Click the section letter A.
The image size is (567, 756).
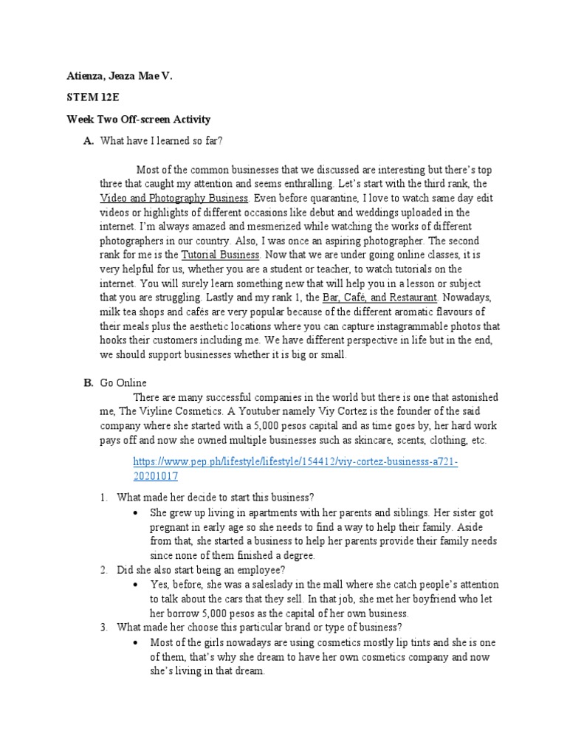point(88,141)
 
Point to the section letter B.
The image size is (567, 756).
point(88,382)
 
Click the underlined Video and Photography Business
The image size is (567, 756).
point(175,199)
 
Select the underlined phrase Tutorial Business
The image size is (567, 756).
point(221,255)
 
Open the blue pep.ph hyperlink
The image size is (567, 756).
point(295,462)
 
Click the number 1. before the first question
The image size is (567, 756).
point(104,498)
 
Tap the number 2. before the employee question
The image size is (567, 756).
point(104,569)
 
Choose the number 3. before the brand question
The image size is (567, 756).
point(104,627)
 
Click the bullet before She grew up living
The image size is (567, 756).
point(134,512)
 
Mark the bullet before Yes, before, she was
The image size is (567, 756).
point(134,584)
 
